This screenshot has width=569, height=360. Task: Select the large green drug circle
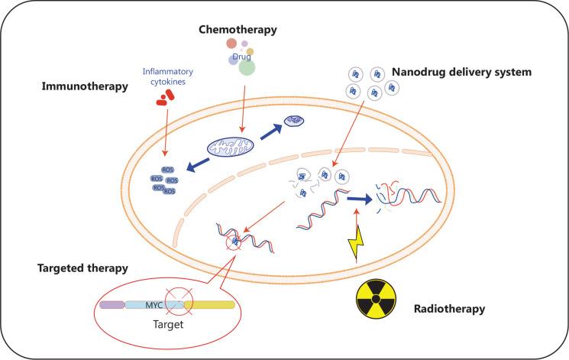pos(246,68)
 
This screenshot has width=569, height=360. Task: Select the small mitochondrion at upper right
pos(293,121)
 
